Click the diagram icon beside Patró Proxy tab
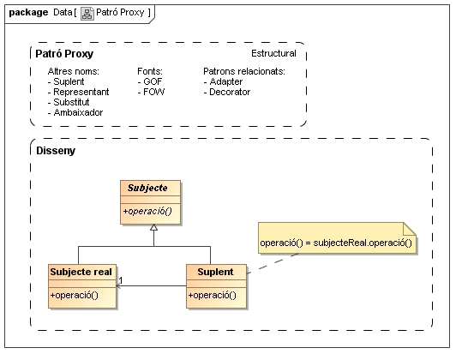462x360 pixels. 87,14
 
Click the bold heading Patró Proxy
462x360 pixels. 64,54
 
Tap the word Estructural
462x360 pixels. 273,53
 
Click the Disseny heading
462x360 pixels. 56,151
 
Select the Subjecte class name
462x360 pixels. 147,188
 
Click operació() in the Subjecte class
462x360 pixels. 147,211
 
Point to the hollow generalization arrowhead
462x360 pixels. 153,227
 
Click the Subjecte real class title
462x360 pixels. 81,272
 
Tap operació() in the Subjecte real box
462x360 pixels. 74,295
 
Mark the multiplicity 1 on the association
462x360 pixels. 121,280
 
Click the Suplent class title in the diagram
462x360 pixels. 215,272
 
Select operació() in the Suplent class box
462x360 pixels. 213,295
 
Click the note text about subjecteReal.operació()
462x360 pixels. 336,243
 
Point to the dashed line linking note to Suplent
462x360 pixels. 273,263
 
